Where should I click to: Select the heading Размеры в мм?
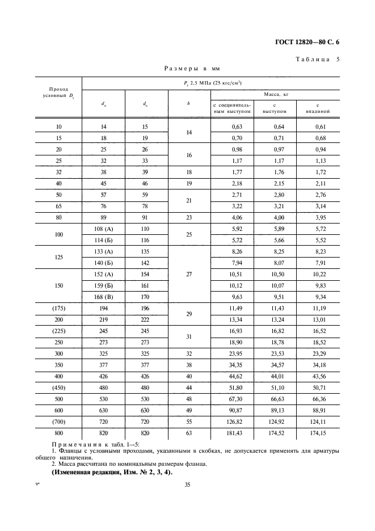click(x=192, y=69)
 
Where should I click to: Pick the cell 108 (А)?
click(x=103, y=229)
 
